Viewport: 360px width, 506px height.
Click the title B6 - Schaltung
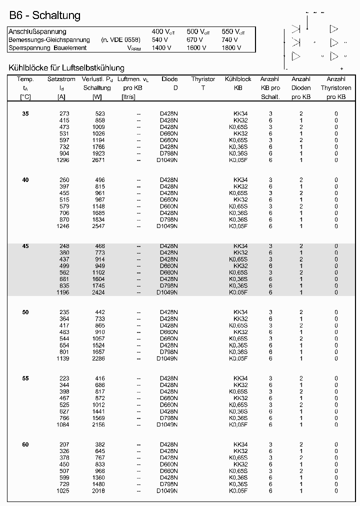44,16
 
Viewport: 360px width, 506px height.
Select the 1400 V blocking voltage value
162,48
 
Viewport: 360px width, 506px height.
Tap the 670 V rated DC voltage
195,40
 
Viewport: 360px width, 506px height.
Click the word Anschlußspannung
37,32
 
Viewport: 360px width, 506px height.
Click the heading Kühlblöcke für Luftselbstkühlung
66,68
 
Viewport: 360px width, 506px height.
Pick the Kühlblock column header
238,79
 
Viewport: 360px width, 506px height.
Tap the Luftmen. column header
132,79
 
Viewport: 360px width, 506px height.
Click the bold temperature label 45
25,246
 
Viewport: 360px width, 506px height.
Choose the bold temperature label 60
25,444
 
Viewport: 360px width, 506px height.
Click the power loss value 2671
97,160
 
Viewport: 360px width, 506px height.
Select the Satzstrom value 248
64,246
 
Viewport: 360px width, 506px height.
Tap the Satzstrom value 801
64,352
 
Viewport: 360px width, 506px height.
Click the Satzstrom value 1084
62,424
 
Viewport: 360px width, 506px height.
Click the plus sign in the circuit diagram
341,68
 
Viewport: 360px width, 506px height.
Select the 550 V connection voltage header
233,32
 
